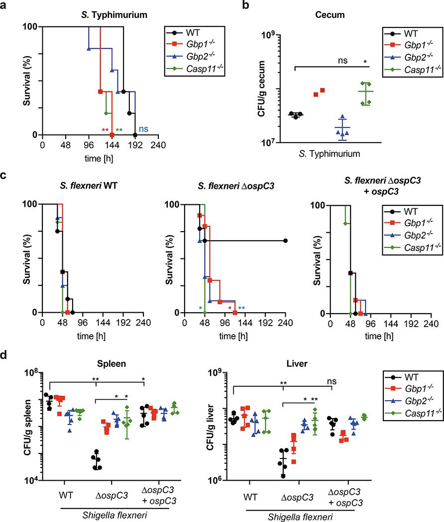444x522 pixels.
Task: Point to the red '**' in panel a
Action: point(105,130)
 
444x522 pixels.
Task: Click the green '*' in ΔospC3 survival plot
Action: point(200,308)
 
